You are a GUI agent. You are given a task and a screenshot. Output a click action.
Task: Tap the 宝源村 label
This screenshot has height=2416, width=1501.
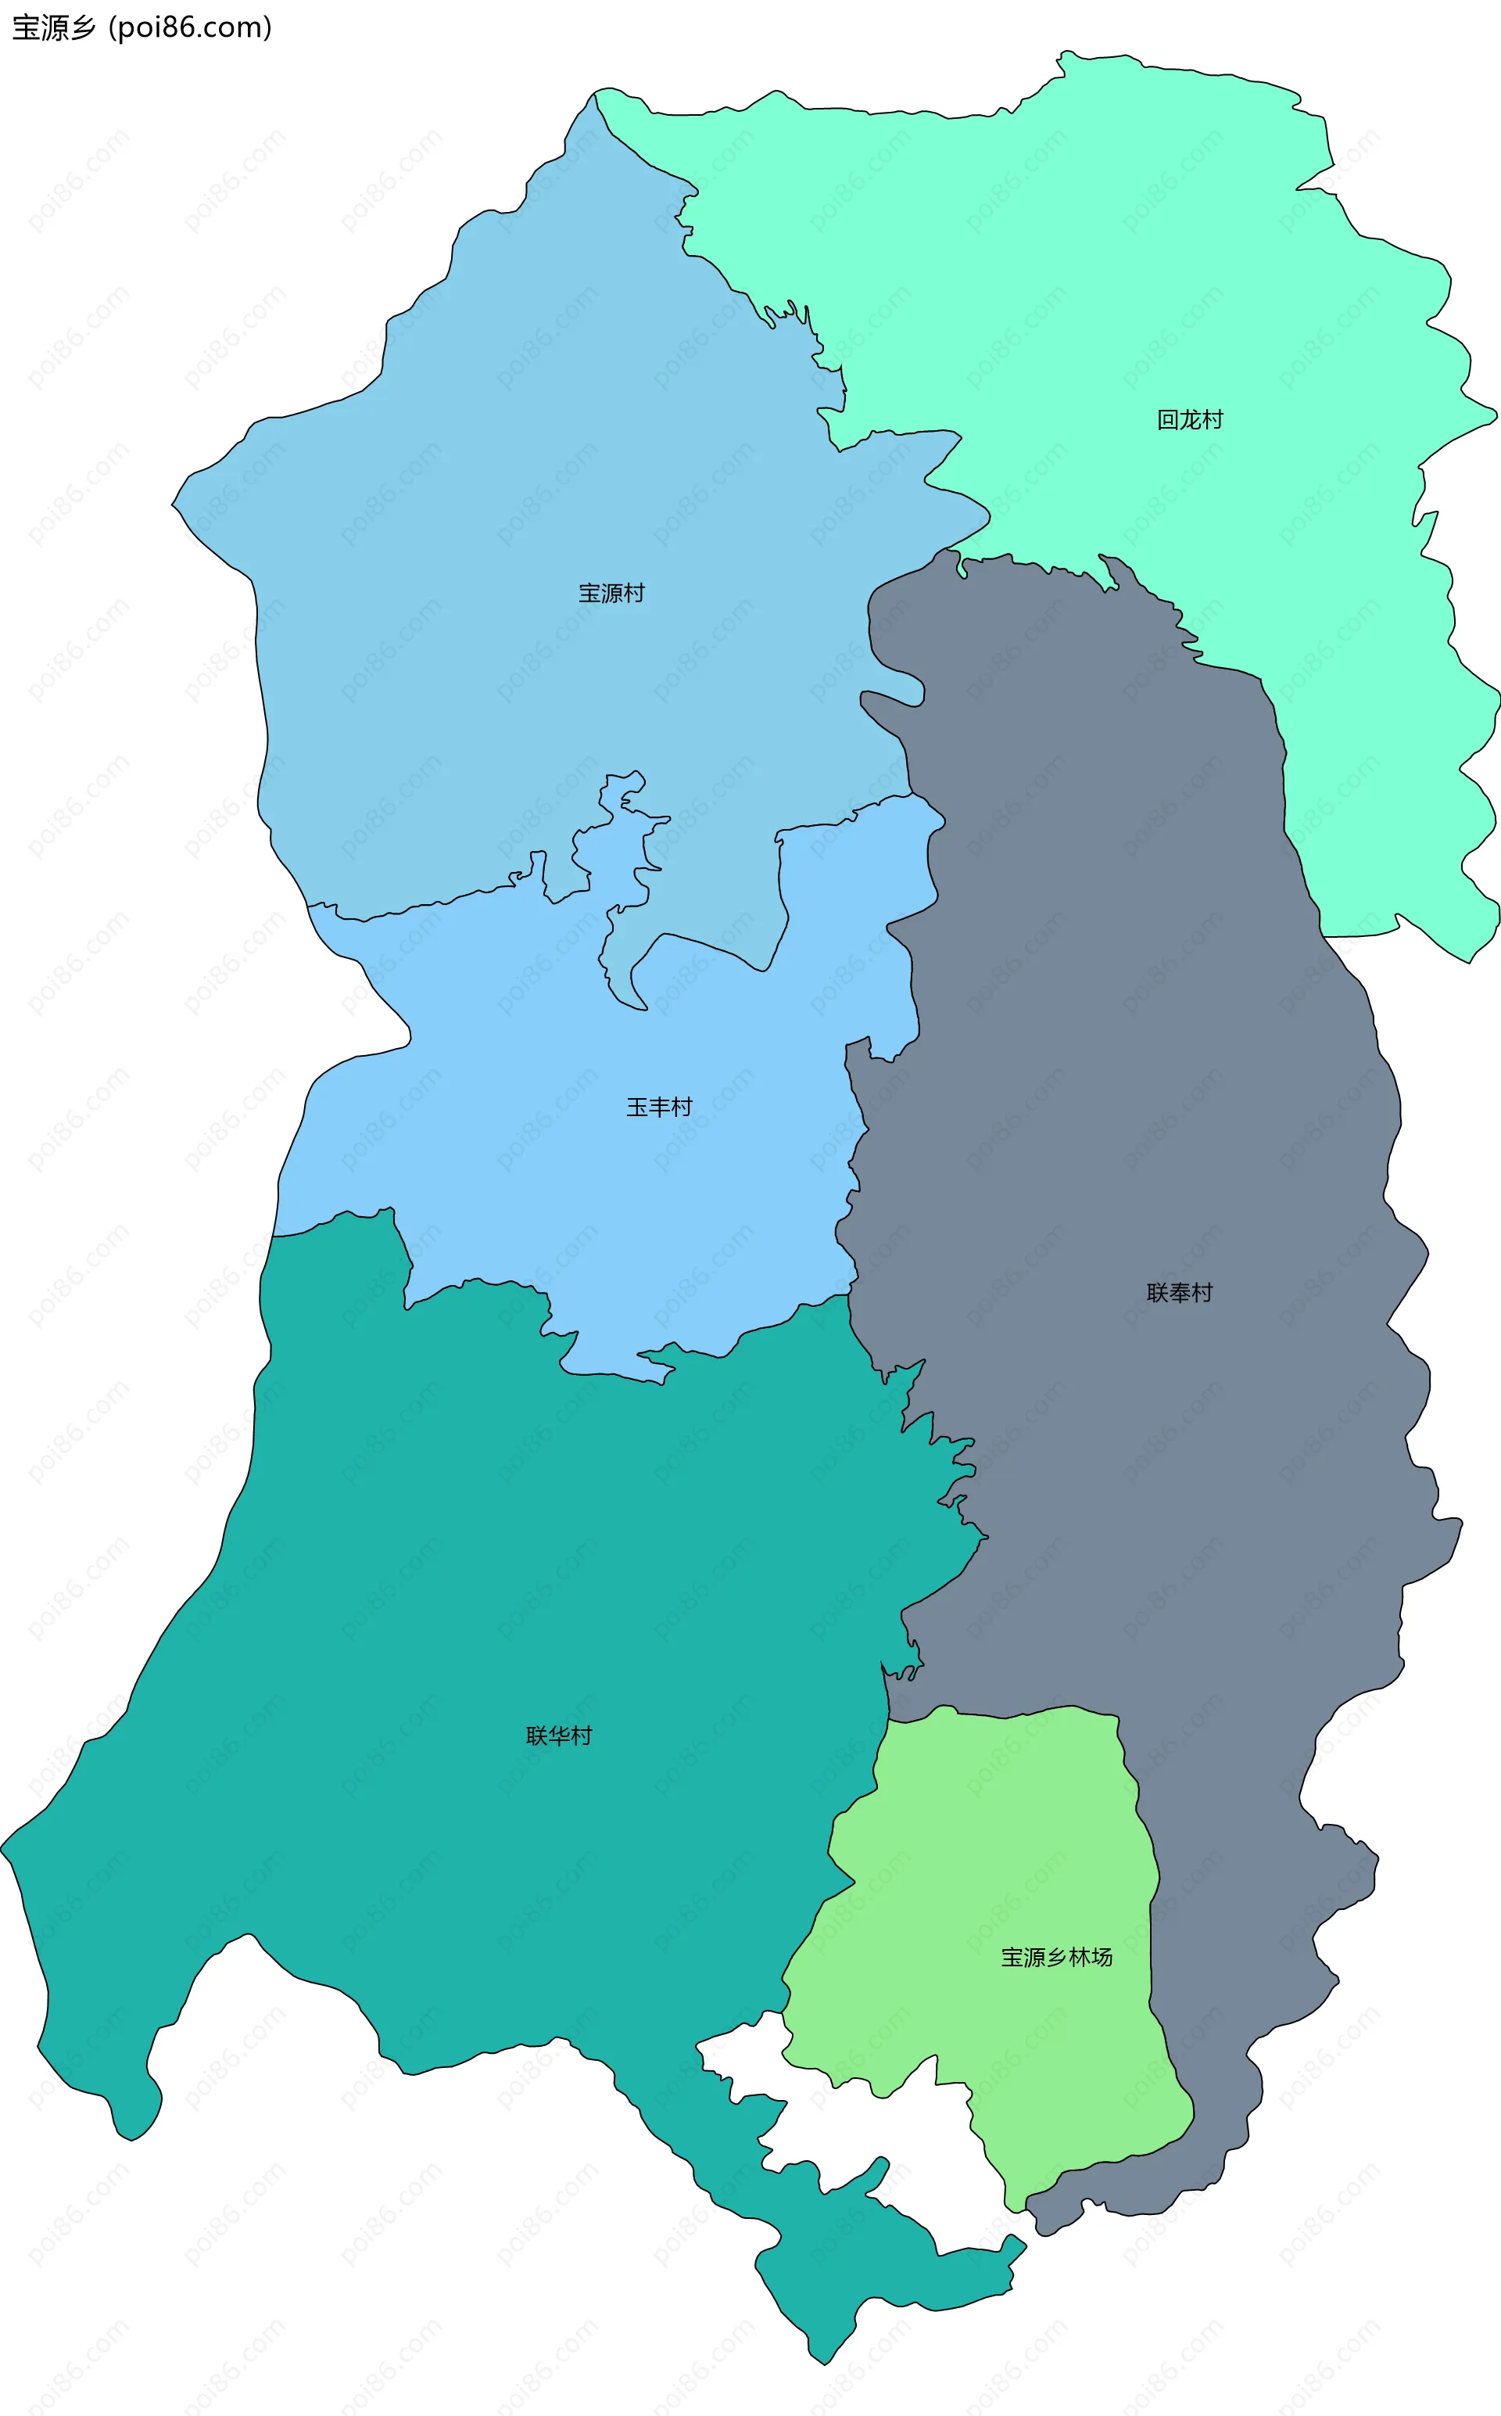point(611,593)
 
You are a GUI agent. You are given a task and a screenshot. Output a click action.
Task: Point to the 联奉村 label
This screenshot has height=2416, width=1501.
point(1180,1292)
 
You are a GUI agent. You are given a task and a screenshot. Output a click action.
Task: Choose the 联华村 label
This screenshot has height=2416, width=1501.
point(559,1735)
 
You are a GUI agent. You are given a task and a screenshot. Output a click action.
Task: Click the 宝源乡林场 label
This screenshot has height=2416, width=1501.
point(1056,1956)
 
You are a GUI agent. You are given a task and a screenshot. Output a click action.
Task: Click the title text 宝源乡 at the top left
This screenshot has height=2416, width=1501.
point(54,28)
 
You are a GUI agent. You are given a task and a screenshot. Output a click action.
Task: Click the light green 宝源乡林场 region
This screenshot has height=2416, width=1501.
point(993,1837)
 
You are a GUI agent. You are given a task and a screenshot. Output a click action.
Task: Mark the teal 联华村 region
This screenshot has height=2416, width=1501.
point(446,1589)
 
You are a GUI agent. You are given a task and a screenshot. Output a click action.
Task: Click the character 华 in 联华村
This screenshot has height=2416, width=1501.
point(559,1735)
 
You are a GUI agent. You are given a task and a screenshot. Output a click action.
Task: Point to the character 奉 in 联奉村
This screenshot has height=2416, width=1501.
point(1180,1292)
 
